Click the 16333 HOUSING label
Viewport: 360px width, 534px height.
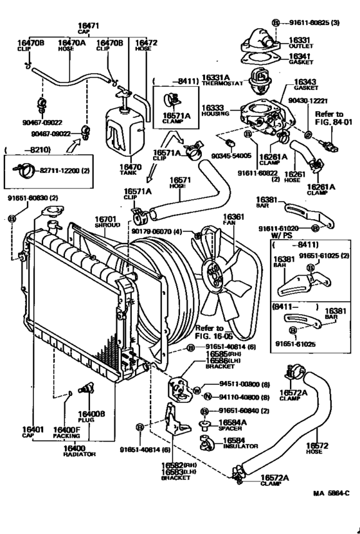click(x=215, y=111)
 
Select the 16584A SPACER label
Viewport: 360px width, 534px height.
click(x=235, y=425)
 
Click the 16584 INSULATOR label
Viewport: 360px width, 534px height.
click(x=239, y=443)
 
